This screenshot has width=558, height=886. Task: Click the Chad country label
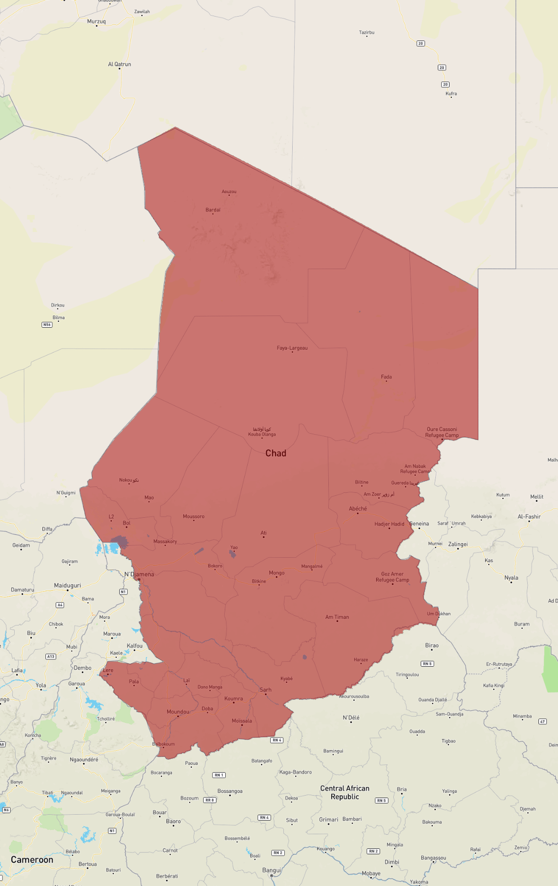(x=276, y=453)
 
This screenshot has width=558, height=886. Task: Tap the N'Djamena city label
(x=139, y=574)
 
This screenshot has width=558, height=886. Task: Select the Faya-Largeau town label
(x=292, y=348)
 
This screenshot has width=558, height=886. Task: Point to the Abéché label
(x=358, y=508)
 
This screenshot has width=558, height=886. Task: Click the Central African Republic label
(x=344, y=792)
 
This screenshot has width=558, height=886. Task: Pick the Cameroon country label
(x=32, y=860)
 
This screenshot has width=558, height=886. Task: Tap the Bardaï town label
(x=213, y=210)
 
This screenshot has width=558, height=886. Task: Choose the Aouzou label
(x=229, y=191)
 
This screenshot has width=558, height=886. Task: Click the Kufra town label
(x=451, y=93)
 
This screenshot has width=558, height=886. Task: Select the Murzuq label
(x=96, y=21)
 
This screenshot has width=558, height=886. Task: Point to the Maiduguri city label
(x=67, y=585)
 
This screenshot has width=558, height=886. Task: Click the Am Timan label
(x=337, y=617)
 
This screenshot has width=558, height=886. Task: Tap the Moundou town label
(x=178, y=712)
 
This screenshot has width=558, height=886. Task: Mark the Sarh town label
(x=266, y=690)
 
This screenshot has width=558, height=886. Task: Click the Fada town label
(x=386, y=377)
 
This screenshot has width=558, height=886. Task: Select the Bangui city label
(x=272, y=870)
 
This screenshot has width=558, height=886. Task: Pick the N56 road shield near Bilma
(x=47, y=325)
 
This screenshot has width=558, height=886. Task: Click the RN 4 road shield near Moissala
(x=277, y=740)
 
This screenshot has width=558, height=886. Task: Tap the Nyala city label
(x=511, y=578)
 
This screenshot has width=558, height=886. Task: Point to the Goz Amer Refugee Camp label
(x=392, y=577)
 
